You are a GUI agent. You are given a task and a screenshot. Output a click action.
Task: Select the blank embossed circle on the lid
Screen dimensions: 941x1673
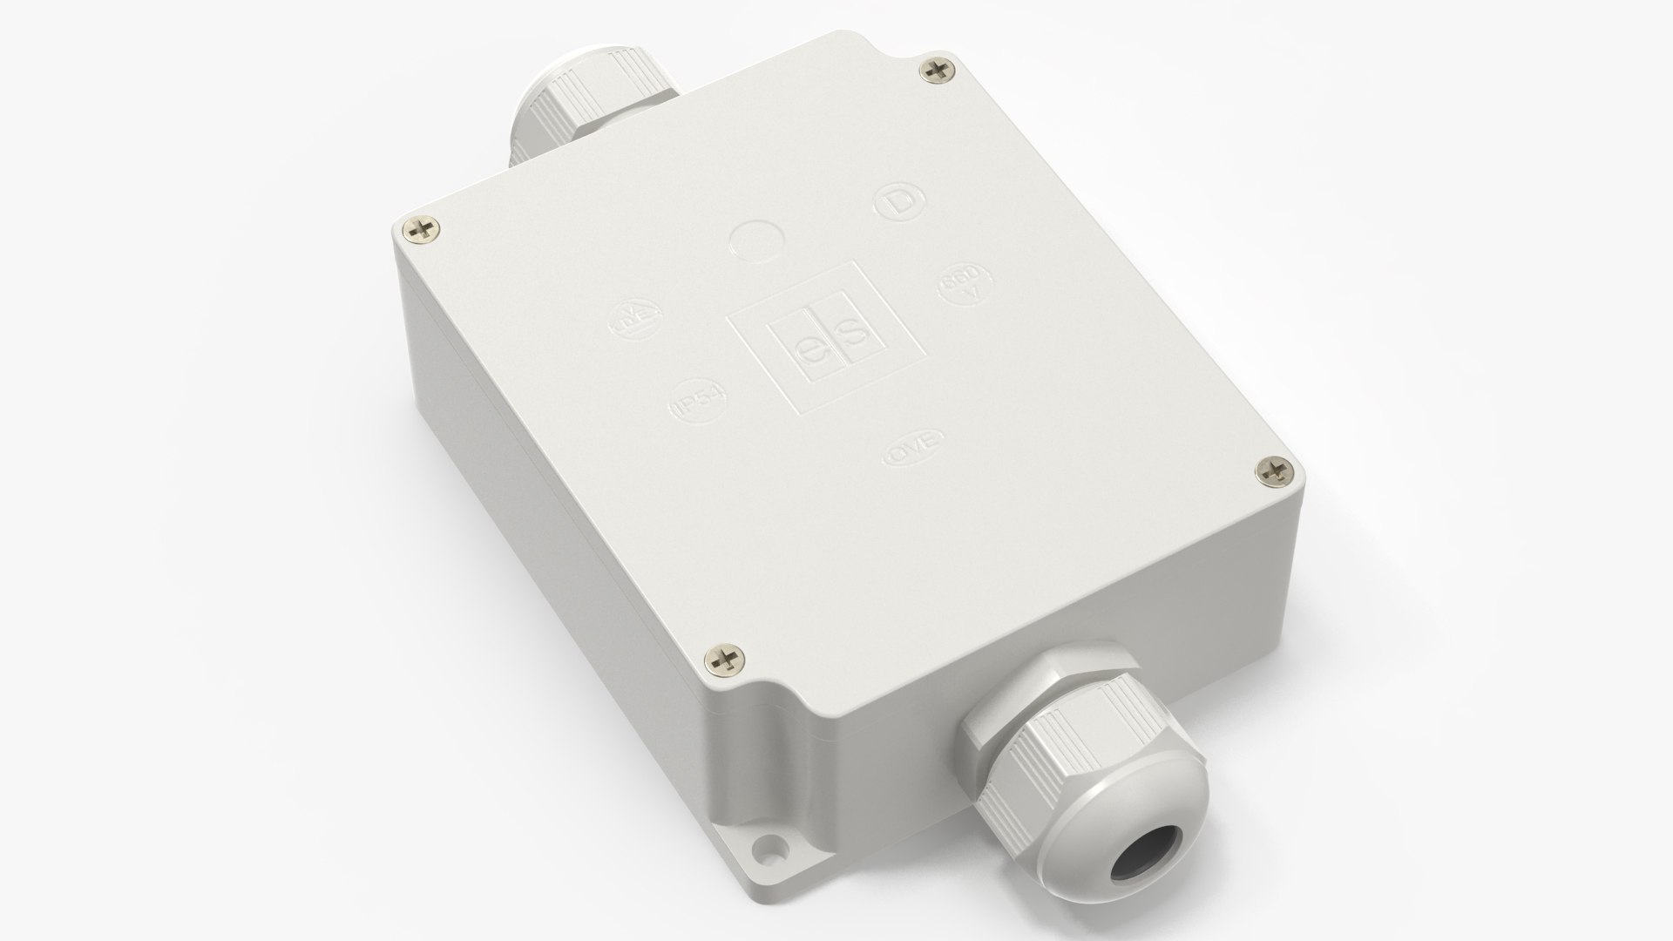pos(756,239)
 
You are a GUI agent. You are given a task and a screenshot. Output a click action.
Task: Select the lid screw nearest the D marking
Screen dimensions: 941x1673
pos(938,71)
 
